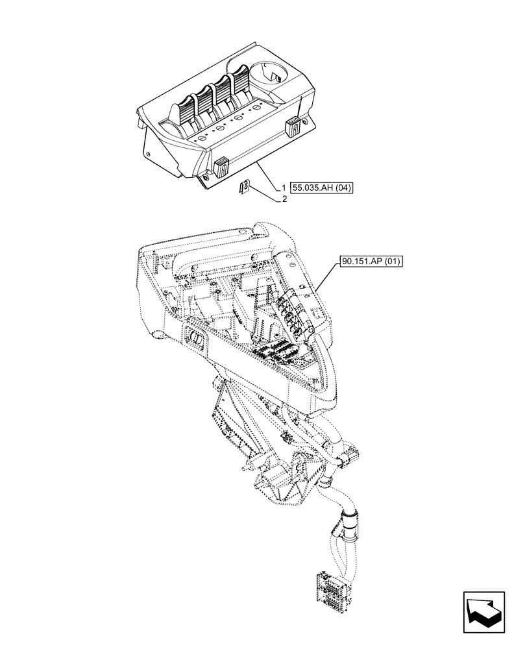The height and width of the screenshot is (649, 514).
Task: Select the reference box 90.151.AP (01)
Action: pos(371,262)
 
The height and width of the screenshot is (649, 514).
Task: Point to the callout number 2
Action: pos(284,200)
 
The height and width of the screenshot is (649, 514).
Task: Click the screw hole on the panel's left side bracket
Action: pos(149,154)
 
